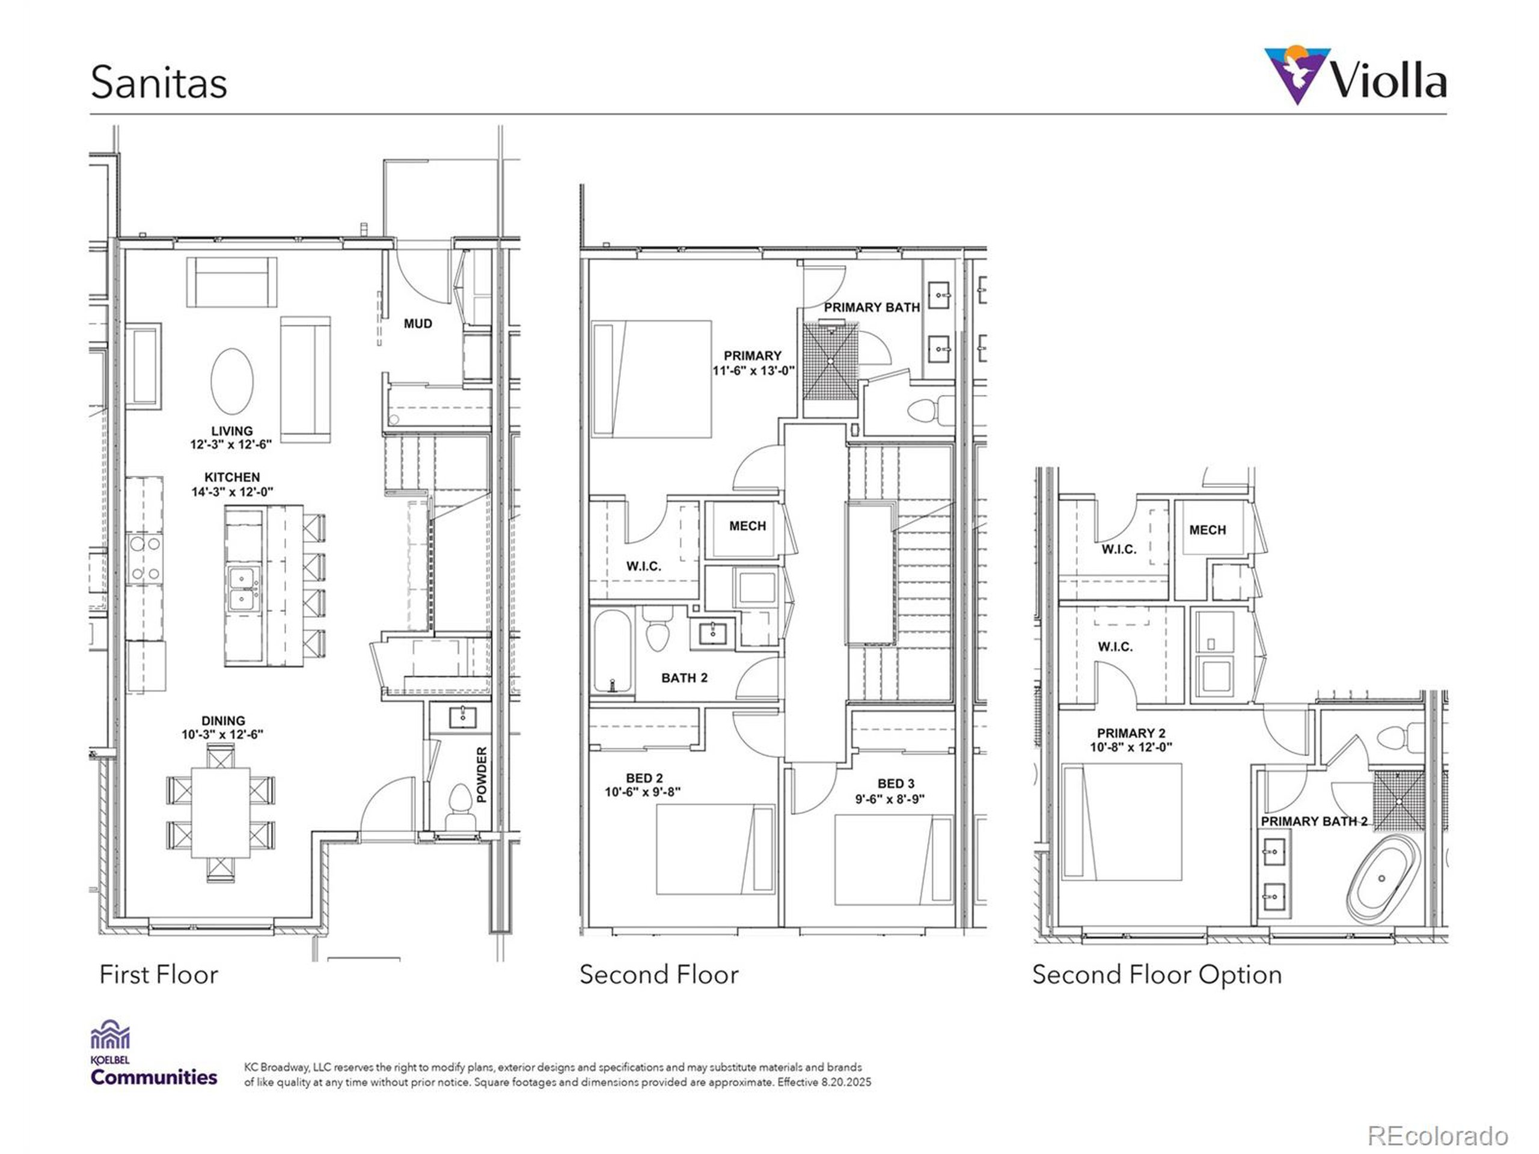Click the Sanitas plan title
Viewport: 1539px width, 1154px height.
[x=159, y=83]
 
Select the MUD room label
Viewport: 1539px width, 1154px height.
[x=417, y=323]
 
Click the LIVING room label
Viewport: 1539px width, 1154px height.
[x=231, y=430]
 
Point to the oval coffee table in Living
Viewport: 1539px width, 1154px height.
[x=231, y=381]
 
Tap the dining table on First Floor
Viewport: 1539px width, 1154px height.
[x=221, y=813]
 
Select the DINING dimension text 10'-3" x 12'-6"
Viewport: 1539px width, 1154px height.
[x=222, y=734]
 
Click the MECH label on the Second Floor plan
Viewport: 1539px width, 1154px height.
[x=747, y=526]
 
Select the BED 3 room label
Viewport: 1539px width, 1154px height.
[x=895, y=784]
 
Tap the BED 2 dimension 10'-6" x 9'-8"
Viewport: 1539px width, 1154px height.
[x=642, y=792]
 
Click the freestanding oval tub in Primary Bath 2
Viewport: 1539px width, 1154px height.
[x=1383, y=879]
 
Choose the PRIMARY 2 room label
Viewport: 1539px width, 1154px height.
[x=1131, y=733]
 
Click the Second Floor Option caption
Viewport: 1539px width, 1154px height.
[x=1156, y=974]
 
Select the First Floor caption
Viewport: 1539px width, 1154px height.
[x=159, y=974]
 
